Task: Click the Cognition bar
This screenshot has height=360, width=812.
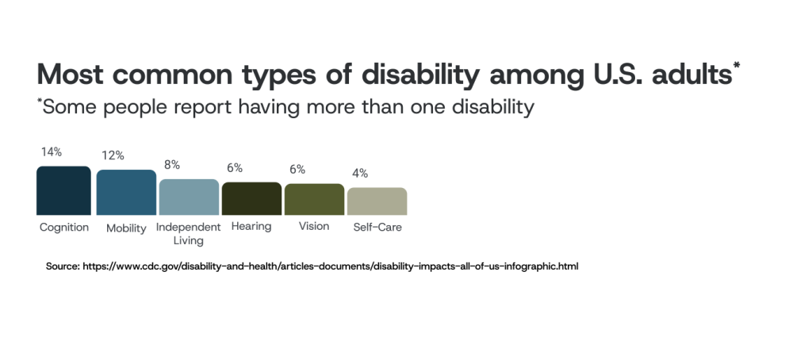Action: [x=63, y=190]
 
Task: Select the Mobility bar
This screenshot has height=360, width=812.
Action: [x=126, y=192]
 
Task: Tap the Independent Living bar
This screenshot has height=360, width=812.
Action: [x=189, y=197]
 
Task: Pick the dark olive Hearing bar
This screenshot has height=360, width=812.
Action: [x=251, y=198]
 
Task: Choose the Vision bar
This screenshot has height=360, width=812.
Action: [x=314, y=199]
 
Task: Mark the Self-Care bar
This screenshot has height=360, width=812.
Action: [x=377, y=201]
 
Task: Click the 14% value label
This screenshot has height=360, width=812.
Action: [x=52, y=152]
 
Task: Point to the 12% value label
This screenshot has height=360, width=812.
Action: [x=113, y=155]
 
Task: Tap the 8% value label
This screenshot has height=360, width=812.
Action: [x=172, y=165]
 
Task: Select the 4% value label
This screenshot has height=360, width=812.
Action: [x=361, y=174]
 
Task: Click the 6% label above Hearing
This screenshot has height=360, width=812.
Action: [x=235, y=168]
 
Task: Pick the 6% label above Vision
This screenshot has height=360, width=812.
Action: [x=297, y=170]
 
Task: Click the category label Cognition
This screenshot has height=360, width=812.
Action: [x=64, y=228]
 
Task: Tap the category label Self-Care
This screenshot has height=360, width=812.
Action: [x=377, y=228]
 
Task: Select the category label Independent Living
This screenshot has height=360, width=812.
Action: [x=189, y=234]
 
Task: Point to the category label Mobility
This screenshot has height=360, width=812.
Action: [x=126, y=228]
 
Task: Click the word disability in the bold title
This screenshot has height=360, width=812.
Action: [x=420, y=75]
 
